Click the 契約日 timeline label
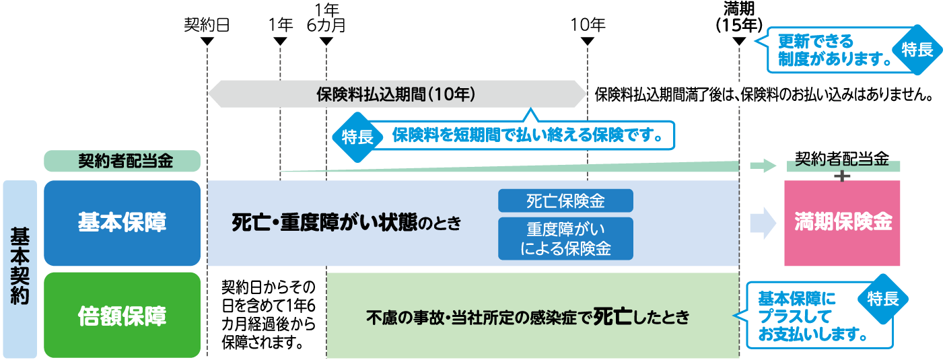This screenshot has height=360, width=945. (x=207, y=25)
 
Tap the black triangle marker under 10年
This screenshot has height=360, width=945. (x=588, y=42)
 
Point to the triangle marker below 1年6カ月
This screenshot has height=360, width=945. (x=326, y=42)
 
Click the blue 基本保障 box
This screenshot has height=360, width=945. (x=122, y=223)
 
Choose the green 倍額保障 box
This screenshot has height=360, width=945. (x=122, y=315)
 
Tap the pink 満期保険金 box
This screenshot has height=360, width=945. (x=842, y=222)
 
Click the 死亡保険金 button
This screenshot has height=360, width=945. (x=565, y=201)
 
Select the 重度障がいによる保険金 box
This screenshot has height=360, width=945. (x=565, y=238)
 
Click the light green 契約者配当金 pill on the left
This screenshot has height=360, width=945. (x=122, y=161)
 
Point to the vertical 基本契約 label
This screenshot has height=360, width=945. (x=20, y=268)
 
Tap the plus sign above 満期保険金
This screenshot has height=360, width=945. (x=841, y=176)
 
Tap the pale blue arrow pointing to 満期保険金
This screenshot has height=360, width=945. (x=763, y=223)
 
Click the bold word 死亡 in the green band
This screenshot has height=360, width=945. (x=612, y=316)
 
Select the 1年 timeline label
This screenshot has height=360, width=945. (x=280, y=25)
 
